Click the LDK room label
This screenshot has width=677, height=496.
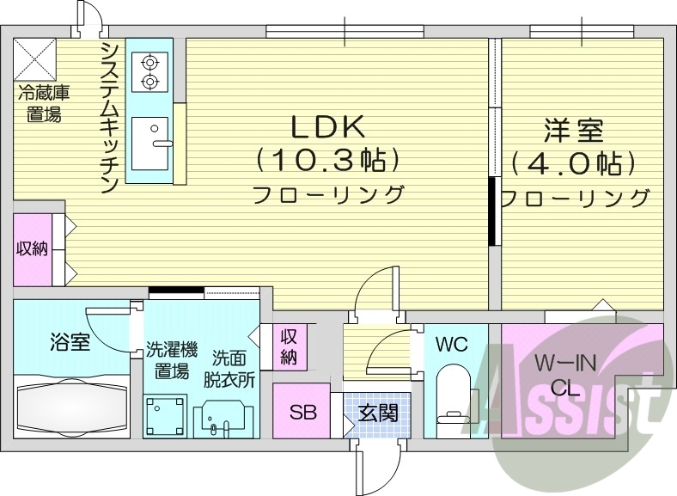[328, 127]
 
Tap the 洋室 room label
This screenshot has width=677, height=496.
[574, 132]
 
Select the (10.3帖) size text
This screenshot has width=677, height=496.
[328, 161]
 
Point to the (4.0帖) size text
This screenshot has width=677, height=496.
[574, 163]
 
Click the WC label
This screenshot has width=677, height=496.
[450, 346]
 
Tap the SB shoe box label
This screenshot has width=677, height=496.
[302, 413]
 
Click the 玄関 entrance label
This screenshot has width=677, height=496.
[378, 413]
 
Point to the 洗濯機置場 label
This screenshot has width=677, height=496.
[170, 361]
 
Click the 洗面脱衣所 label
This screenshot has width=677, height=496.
[232, 368]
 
